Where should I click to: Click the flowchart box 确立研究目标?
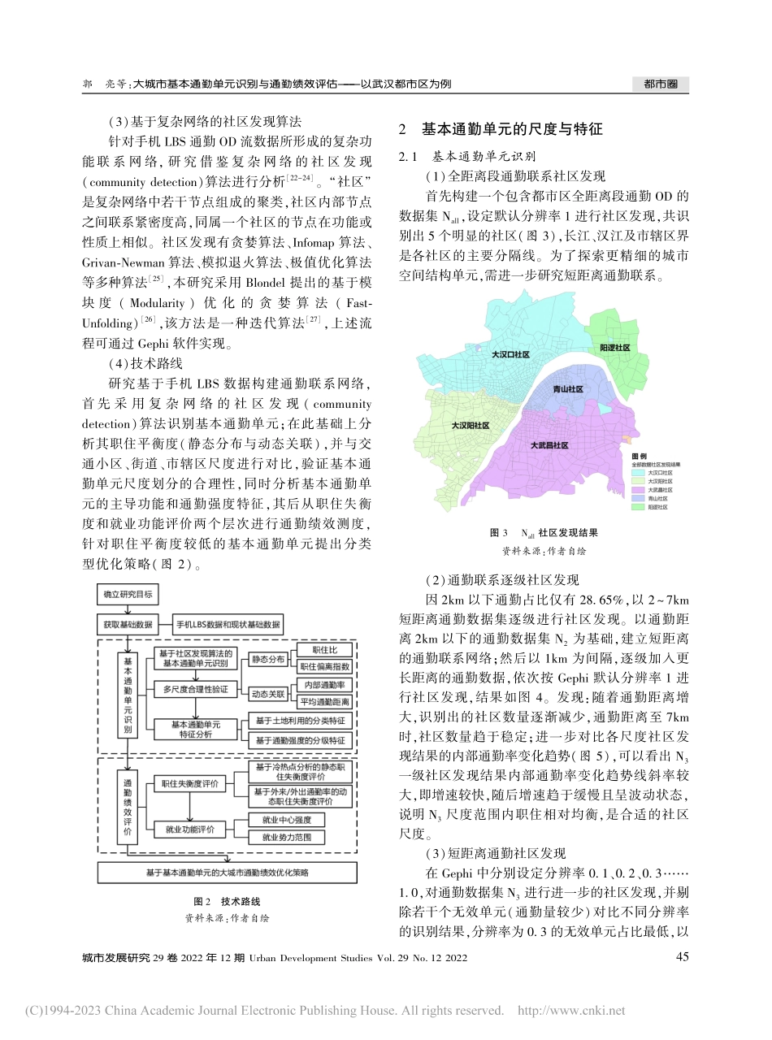(128, 596)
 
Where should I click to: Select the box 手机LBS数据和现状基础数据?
(230, 625)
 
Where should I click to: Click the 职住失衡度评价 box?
(189, 784)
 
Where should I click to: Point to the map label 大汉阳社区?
(470, 425)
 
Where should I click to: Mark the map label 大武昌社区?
(549, 445)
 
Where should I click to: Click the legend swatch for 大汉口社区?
(638, 471)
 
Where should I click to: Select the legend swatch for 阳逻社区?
(638, 507)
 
